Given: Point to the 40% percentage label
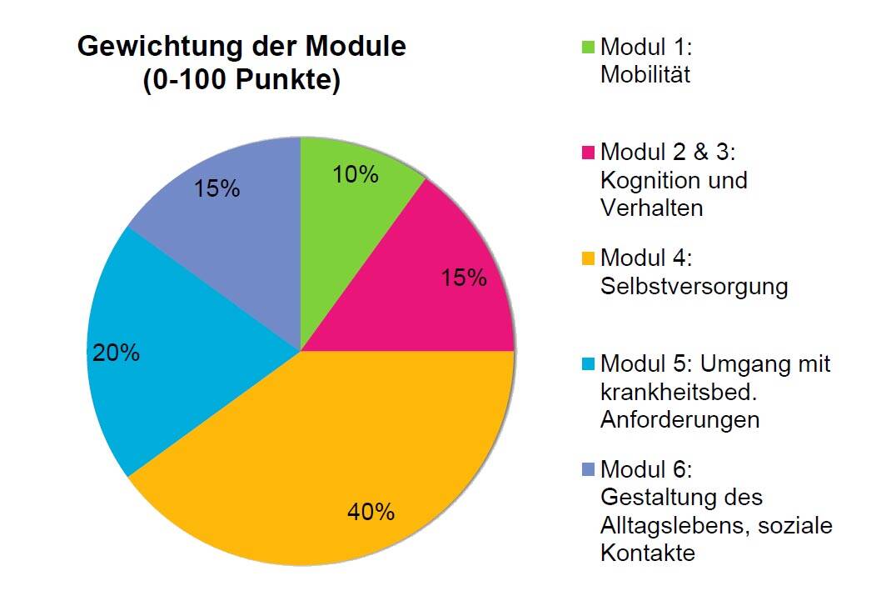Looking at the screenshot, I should coord(371,512).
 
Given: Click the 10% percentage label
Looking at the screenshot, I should coord(356,175).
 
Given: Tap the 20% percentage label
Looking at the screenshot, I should coord(117,353).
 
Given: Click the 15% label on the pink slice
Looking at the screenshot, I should coord(464,278).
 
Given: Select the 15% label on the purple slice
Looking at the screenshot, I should coord(217,189).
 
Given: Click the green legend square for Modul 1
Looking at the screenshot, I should coord(588,47).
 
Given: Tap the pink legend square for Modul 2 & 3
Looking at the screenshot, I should coord(588,153).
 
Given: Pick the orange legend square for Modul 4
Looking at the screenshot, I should coord(588,258).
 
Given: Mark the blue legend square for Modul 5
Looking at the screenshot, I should coord(588,365).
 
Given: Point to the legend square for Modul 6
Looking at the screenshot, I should coord(588,471).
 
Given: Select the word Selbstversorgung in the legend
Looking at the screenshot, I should coord(694,287).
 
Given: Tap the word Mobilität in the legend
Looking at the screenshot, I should coord(645,75).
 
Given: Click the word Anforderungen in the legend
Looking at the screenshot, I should coord(679,420).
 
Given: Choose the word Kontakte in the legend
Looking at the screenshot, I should coord(647,553).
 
